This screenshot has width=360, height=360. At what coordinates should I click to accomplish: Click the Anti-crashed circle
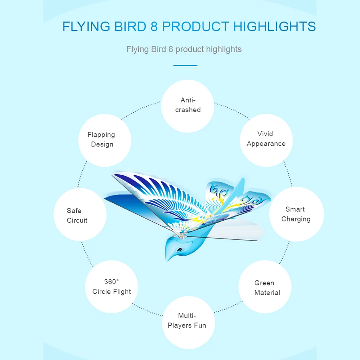pyautogui.click(x=188, y=106)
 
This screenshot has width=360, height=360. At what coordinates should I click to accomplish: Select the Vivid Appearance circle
pyautogui.click(x=266, y=140)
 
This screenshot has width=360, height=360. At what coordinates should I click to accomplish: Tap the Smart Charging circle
pyautogui.click(x=296, y=214)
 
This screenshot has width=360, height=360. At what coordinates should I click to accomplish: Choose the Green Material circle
pyautogui.click(x=265, y=287)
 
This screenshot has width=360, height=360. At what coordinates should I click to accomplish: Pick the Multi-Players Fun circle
pyautogui.click(x=189, y=322)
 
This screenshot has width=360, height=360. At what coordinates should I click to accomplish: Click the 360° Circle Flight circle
pyautogui.click(x=112, y=287)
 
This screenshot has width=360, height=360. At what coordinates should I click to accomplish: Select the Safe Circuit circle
pyautogui.click(x=80, y=215)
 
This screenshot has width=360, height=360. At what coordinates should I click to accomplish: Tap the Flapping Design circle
pyautogui.click(x=105, y=140)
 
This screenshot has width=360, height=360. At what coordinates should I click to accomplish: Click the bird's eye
pyautogui.click(x=180, y=249)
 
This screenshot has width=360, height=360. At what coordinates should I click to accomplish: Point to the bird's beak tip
pyautogui.click(x=167, y=260)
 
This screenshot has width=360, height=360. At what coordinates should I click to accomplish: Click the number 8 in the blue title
pyautogui.click(x=154, y=27)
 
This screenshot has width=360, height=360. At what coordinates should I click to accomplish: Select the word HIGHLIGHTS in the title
pyautogui.click(x=275, y=27)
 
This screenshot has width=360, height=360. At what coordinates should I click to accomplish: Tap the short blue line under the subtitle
pyautogui.click(x=185, y=66)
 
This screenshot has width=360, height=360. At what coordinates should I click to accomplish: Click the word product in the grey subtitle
pyautogui.click(x=190, y=50)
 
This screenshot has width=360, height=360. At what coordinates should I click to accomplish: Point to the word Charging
pyautogui.click(x=296, y=219)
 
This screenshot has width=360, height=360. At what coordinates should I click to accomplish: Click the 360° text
pyautogui.click(x=112, y=282)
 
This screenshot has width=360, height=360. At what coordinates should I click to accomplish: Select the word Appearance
pyautogui.click(x=266, y=144)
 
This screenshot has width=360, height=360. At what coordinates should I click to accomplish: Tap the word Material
pyautogui.click(x=267, y=293)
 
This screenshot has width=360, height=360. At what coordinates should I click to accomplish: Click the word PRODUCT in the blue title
pyautogui.click(x=195, y=27)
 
